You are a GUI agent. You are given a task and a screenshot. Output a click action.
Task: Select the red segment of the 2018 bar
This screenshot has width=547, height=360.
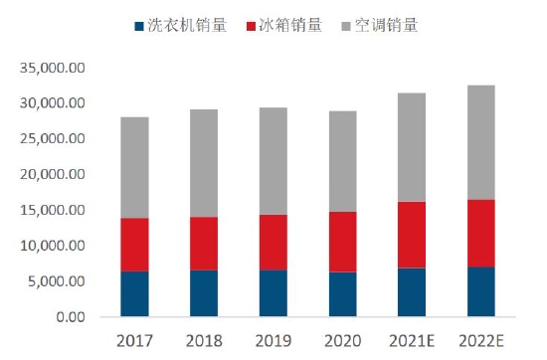(204, 244)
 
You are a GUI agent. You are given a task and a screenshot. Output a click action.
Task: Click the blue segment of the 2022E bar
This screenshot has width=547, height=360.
(480, 292)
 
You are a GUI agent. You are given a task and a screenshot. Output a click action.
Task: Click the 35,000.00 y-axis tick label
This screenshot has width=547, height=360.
(53, 68)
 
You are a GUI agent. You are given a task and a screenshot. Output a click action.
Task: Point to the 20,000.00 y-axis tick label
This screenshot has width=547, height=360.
(53, 175)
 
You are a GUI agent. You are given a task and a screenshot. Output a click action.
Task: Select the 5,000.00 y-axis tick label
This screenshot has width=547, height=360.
(57, 282)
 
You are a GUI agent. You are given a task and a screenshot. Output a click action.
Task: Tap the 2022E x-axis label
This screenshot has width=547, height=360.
(480, 340)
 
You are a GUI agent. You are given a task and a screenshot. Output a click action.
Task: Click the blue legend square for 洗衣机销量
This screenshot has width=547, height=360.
(137, 25)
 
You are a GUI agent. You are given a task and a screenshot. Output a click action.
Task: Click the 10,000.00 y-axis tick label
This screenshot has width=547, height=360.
(53, 247)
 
